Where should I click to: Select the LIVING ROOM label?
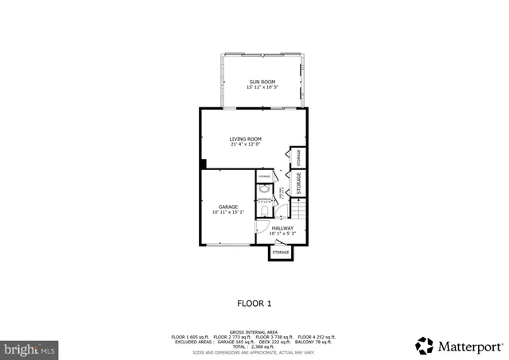point(245,139)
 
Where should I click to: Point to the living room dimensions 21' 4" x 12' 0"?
point(245,145)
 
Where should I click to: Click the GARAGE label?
point(228,207)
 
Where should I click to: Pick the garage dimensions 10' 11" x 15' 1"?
point(228,212)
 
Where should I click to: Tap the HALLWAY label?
point(282,228)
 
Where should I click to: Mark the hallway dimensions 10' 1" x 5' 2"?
point(282,234)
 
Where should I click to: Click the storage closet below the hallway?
point(281,252)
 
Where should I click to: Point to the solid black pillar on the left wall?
point(203,165)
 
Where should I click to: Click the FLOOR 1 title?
point(254,303)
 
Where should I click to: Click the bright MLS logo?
point(30,348)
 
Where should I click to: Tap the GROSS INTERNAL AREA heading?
point(254,331)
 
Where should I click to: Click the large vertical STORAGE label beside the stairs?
point(299,183)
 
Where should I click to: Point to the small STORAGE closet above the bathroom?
point(264,176)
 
